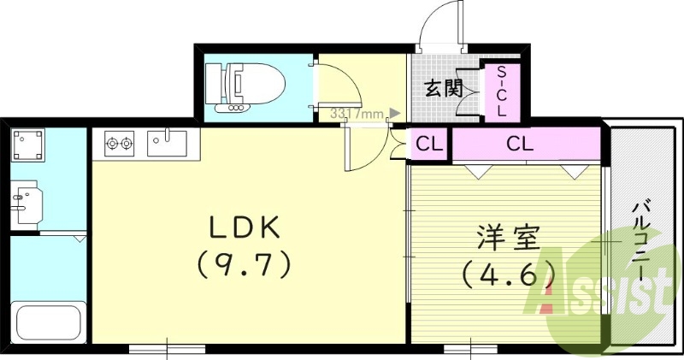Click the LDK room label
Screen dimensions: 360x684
245,227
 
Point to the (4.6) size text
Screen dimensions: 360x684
508,274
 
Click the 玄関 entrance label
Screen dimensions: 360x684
444,88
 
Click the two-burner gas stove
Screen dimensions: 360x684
121,143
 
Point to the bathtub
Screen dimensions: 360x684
48,322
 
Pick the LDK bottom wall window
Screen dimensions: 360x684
167,347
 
